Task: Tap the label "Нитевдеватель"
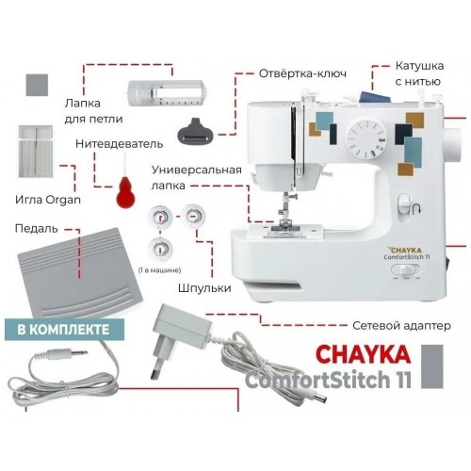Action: [119, 144]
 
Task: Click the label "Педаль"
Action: [36, 228]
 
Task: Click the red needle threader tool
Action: [121, 193]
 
